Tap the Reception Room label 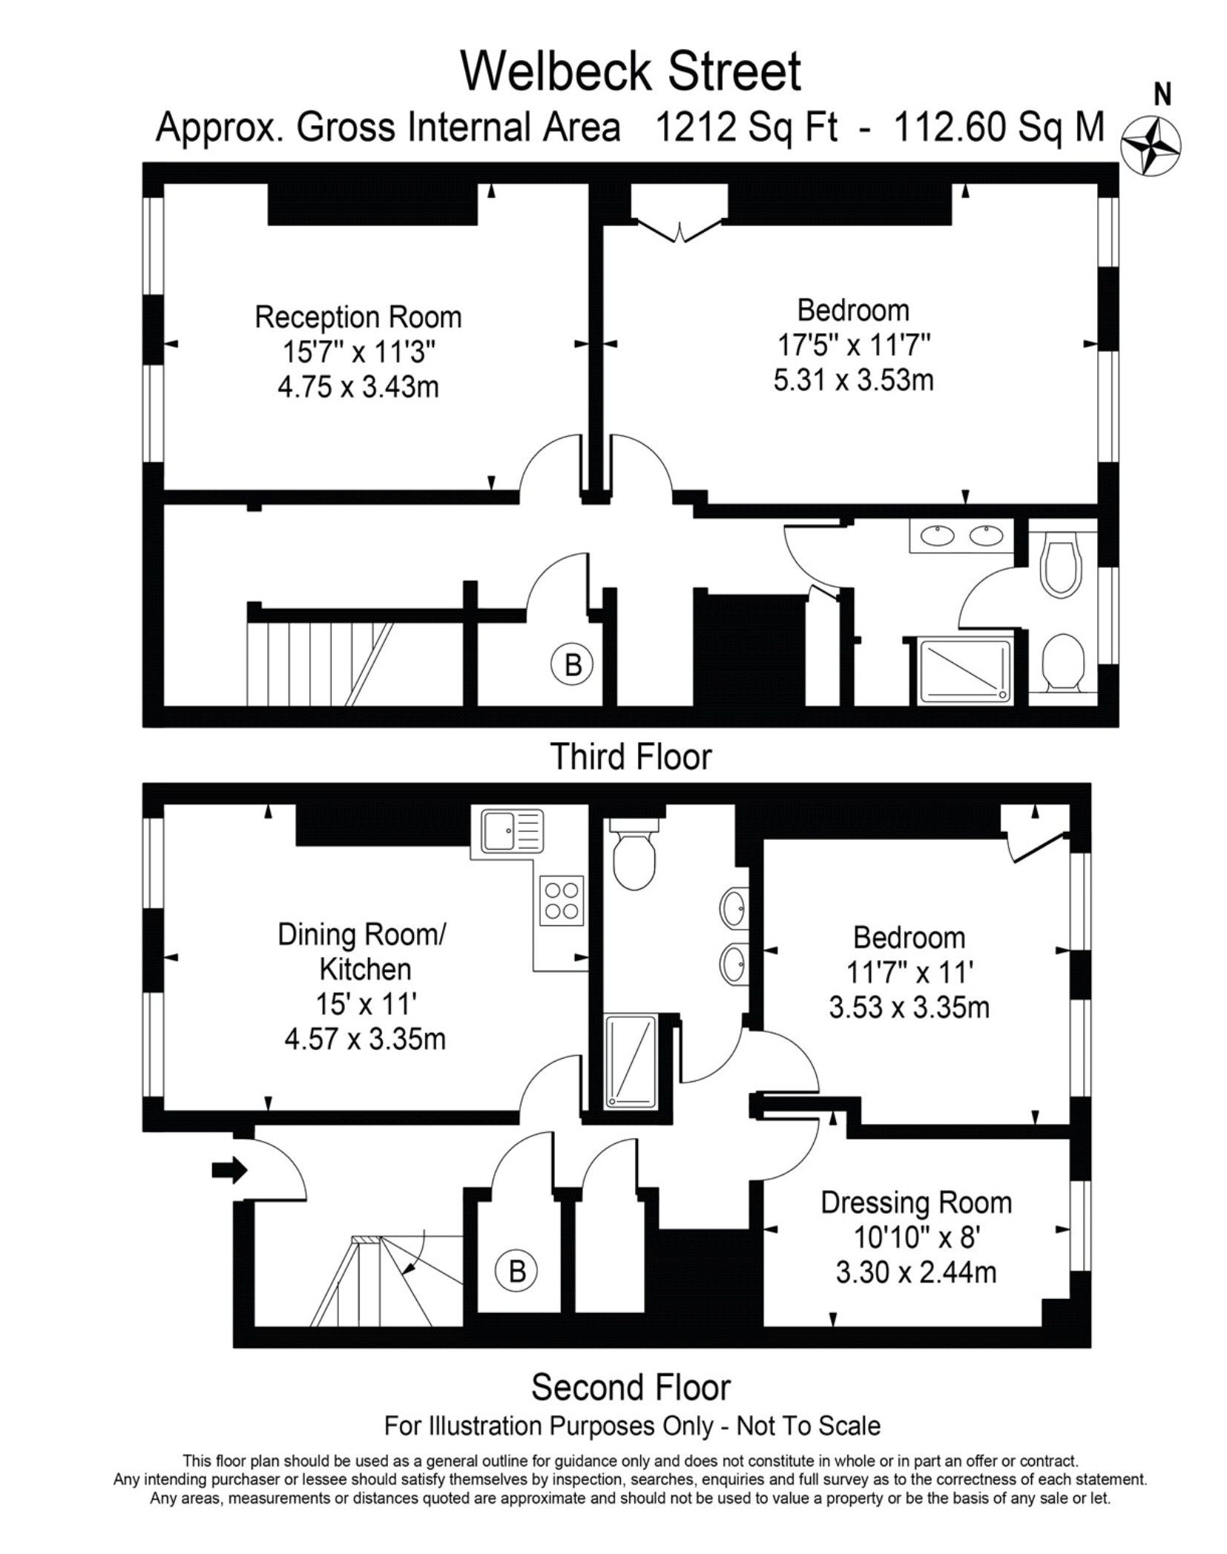(x=358, y=317)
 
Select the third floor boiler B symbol (x=573, y=664)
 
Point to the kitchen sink (x=513, y=830)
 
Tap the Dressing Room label (x=916, y=1203)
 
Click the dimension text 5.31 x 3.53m (x=853, y=380)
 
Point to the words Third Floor (x=631, y=757)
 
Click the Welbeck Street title (x=632, y=71)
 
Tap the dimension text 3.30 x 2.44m (x=916, y=1273)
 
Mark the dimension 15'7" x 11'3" (x=358, y=352)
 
